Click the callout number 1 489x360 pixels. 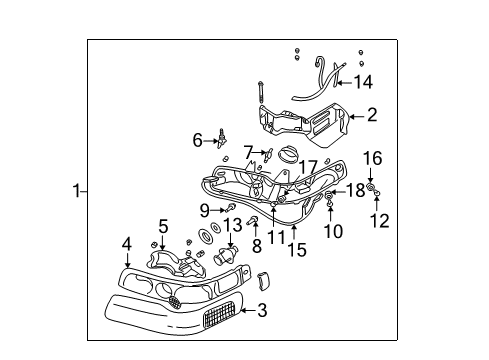click(x=76, y=190)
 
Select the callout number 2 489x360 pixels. click(x=371, y=115)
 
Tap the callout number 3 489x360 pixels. click(x=261, y=312)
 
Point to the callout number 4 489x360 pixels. click(x=127, y=242)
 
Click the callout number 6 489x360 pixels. click(x=198, y=140)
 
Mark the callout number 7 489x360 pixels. click(x=248, y=151)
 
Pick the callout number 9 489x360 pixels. click(x=204, y=210)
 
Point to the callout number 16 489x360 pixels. click(x=372, y=159)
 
